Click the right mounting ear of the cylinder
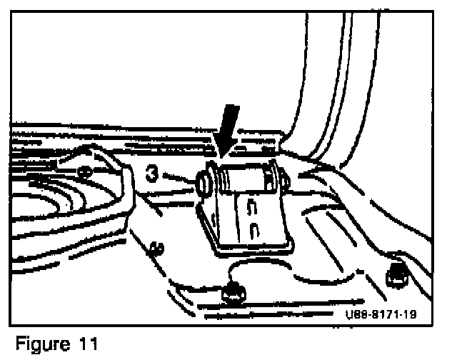click(x=285, y=182)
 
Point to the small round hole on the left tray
click(x=84, y=171)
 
